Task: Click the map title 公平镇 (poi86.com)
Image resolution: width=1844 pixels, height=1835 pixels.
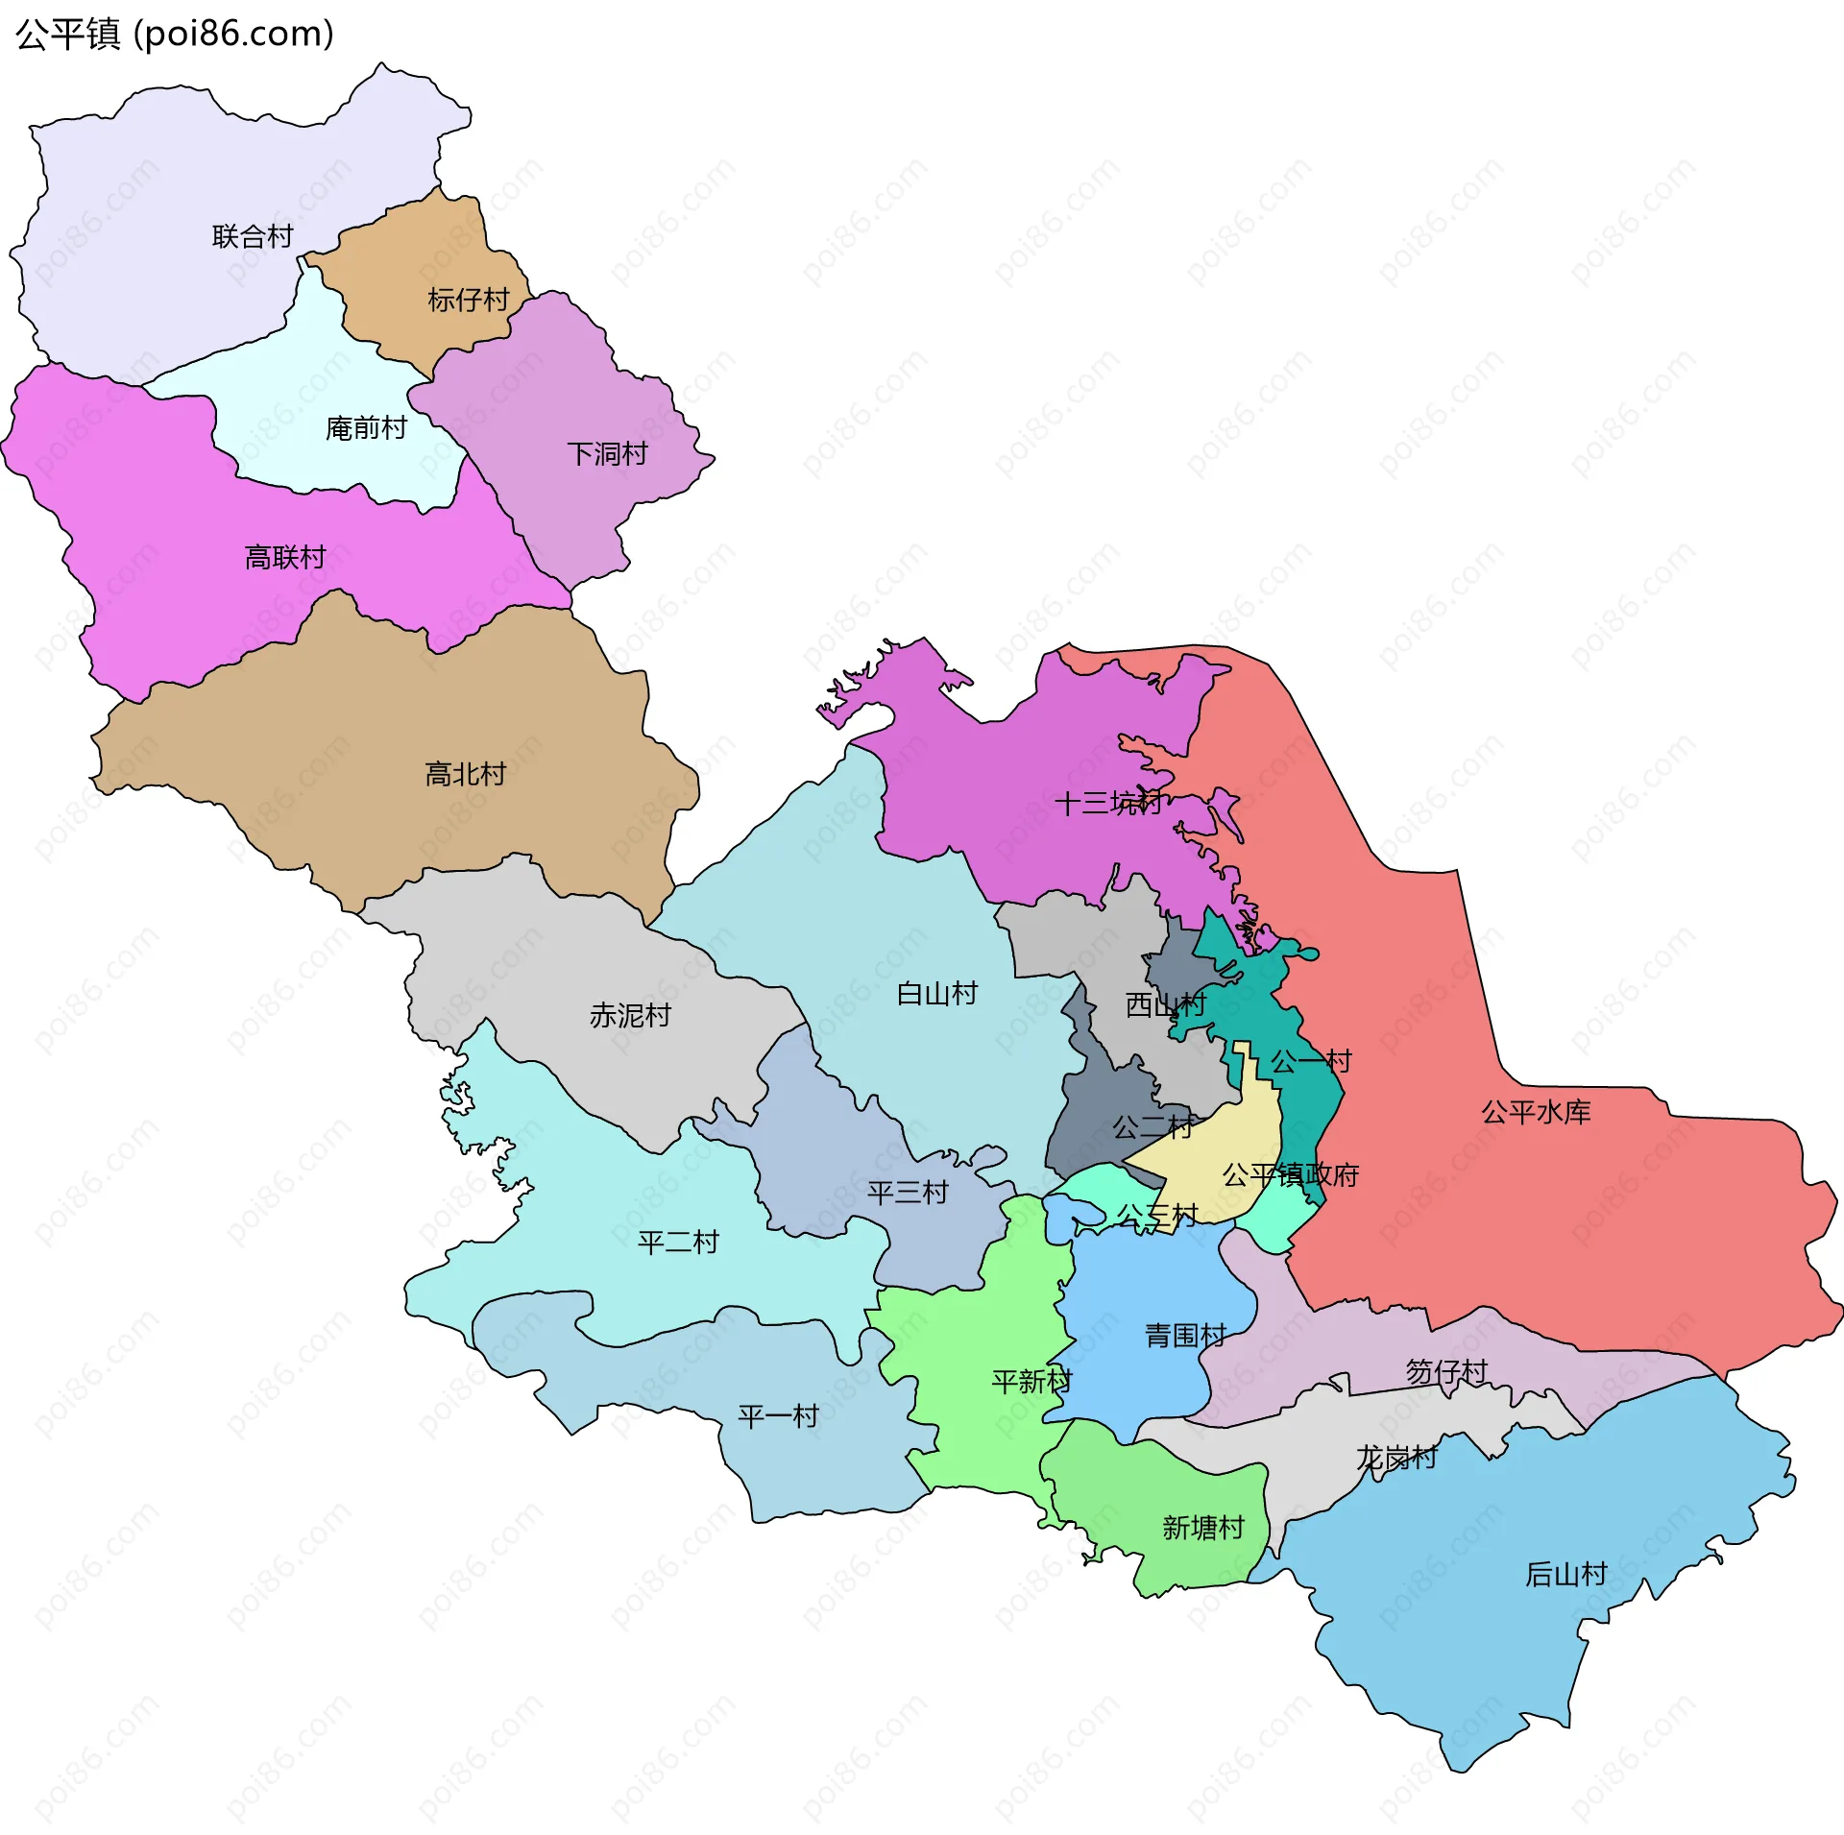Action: [175, 34]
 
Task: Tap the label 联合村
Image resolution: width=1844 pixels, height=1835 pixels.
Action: [253, 236]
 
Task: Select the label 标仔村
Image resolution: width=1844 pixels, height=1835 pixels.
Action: [468, 300]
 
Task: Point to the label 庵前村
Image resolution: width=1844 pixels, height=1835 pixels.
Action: [366, 427]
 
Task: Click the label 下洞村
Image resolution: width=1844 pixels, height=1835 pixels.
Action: [607, 453]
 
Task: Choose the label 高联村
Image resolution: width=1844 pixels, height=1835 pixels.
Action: [285, 557]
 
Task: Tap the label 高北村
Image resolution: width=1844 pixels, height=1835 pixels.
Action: [465, 774]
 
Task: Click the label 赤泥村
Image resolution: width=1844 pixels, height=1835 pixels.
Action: [630, 1015]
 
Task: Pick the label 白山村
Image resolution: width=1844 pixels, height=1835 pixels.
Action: [936, 993]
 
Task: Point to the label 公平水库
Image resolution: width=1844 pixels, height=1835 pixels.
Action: [1536, 1112]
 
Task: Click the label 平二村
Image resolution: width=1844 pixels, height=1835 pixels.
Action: [678, 1243]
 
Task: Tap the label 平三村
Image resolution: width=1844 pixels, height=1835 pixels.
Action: [908, 1193]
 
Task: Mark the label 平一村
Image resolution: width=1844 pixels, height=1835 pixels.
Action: [778, 1415]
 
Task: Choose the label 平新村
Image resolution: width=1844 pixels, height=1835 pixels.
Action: [1031, 1381]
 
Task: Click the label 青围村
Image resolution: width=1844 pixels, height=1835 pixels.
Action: [1185, 1335]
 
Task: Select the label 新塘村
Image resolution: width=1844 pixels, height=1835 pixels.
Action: [1202, 1527]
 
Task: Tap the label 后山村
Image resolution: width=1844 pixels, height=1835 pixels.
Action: [1565, 1574]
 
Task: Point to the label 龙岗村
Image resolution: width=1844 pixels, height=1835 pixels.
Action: [1395, 1458]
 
